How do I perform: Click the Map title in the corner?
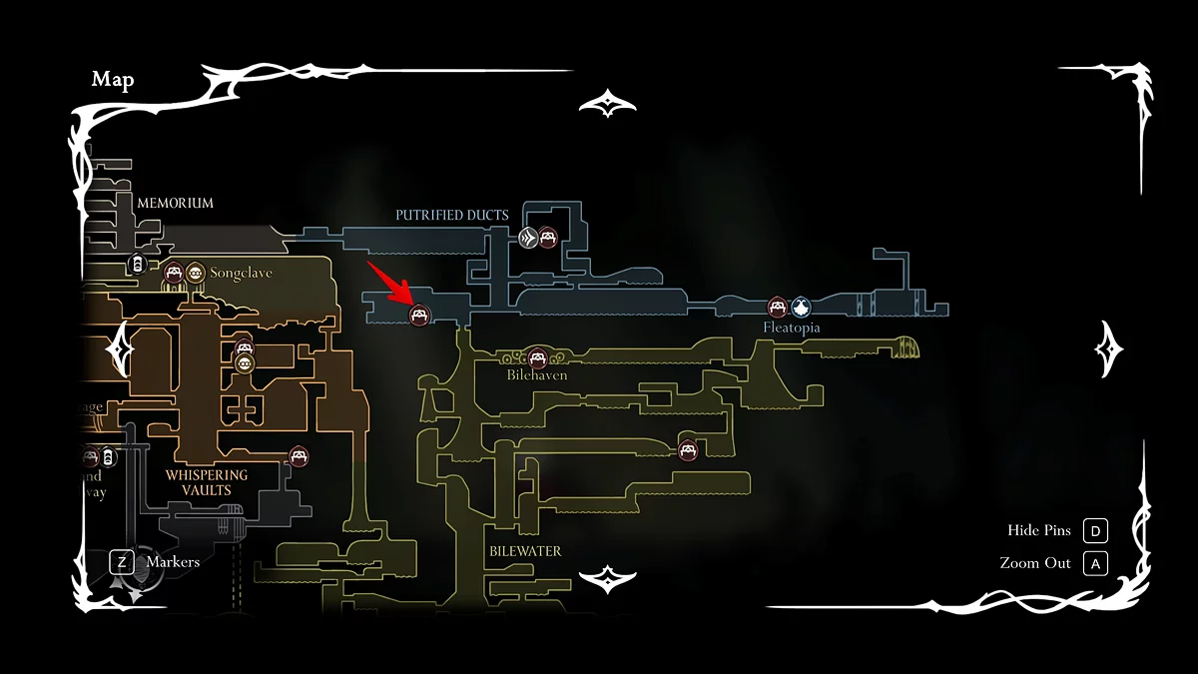coord(113,80)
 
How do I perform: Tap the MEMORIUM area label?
coord(175,203)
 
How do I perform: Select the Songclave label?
coord(241,273)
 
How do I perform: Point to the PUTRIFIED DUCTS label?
coord(451,215)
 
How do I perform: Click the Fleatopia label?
coord(792,328)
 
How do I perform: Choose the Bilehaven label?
coord(537,375)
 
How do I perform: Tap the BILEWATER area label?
coord(525,551)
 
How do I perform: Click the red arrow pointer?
coord(390,282)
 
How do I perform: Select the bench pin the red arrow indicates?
coord(420,315)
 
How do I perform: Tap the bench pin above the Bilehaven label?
coord(538,356)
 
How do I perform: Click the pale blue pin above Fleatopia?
coord(801,308)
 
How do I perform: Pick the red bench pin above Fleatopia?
coord(778,308)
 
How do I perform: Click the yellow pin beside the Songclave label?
coord(195,272)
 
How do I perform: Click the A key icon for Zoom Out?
coord(1095,563)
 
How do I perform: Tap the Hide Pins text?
coord(1039,530)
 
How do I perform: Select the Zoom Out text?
coord(1035,563)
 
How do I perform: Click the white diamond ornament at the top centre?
coord(607,103)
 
